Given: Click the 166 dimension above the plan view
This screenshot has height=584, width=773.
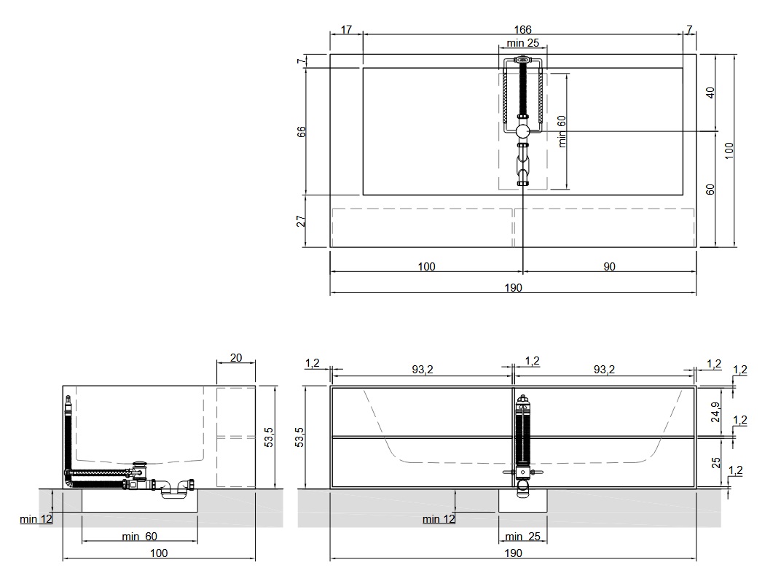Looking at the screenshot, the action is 522,30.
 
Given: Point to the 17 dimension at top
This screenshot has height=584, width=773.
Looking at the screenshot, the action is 346,30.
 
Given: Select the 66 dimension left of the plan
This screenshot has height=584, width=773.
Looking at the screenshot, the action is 301,132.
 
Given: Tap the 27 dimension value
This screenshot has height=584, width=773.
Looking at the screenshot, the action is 301,220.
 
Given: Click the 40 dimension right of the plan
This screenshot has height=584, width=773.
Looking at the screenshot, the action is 710,93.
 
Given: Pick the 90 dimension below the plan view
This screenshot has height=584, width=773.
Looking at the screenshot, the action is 609,266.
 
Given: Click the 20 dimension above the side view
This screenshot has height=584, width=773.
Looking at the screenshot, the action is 236,357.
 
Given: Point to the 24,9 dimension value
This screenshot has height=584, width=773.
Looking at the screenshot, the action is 716,413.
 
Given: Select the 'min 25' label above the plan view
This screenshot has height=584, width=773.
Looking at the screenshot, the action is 522,43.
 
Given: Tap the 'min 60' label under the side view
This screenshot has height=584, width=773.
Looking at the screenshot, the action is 139,536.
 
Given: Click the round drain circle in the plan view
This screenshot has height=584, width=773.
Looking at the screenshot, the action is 522,131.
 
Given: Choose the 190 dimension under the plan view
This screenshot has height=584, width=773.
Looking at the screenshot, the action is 513,287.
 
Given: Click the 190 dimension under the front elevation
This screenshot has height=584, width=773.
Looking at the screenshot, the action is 513,553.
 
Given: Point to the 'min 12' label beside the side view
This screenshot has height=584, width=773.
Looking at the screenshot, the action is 36,519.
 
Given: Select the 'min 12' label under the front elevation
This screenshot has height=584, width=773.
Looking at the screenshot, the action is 439,519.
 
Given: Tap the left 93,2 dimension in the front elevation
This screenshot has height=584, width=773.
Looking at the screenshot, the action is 423,370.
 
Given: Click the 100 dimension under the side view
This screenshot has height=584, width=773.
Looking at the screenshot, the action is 159,553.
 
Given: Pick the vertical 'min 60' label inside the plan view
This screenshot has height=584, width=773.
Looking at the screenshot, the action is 562,131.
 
